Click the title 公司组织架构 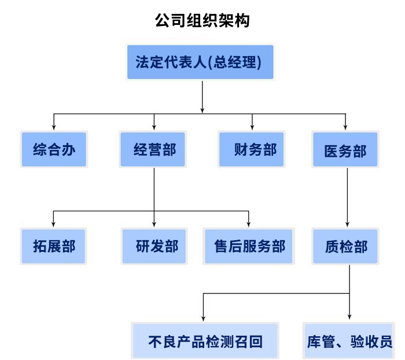coord(202,21)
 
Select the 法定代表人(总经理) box coord(200,62)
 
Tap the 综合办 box coord(54,149)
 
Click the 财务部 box coord(252,149)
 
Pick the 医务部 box coord(345,150)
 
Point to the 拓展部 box coord(54,246)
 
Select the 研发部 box coord(154,246)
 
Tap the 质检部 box coord(345,247)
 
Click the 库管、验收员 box coord(349,341)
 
